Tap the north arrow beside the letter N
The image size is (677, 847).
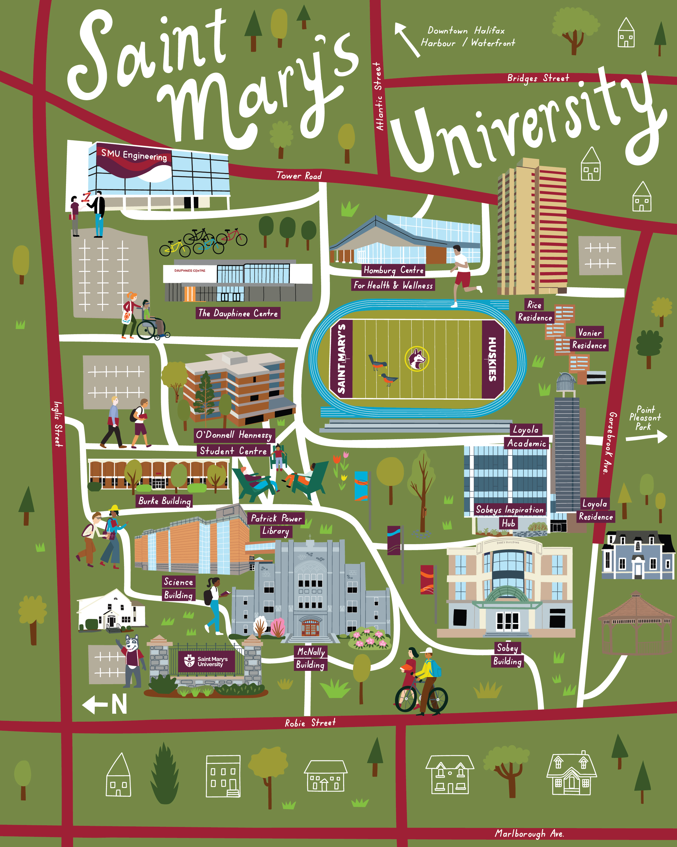94,704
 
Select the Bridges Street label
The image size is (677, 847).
538,78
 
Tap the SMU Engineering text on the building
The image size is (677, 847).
134,155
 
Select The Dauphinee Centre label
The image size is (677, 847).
238,313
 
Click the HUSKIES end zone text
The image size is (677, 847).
492,359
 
